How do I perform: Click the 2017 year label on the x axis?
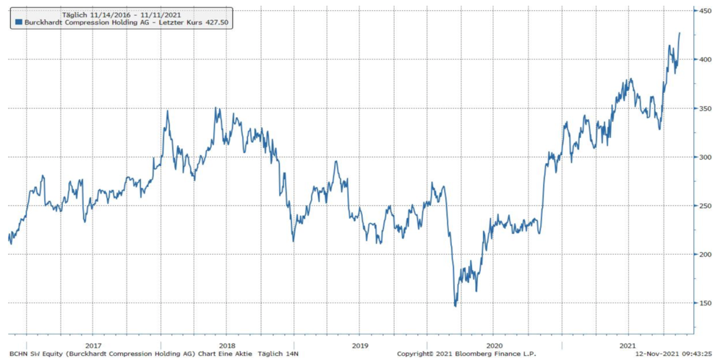coord(93,346)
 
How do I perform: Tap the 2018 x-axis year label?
coord(226,346)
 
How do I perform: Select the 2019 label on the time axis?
coord(361,346)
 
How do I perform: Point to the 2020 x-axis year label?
coord(495,346)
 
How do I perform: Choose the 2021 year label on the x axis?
coord(628,346)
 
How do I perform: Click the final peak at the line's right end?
coord(680,33)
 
